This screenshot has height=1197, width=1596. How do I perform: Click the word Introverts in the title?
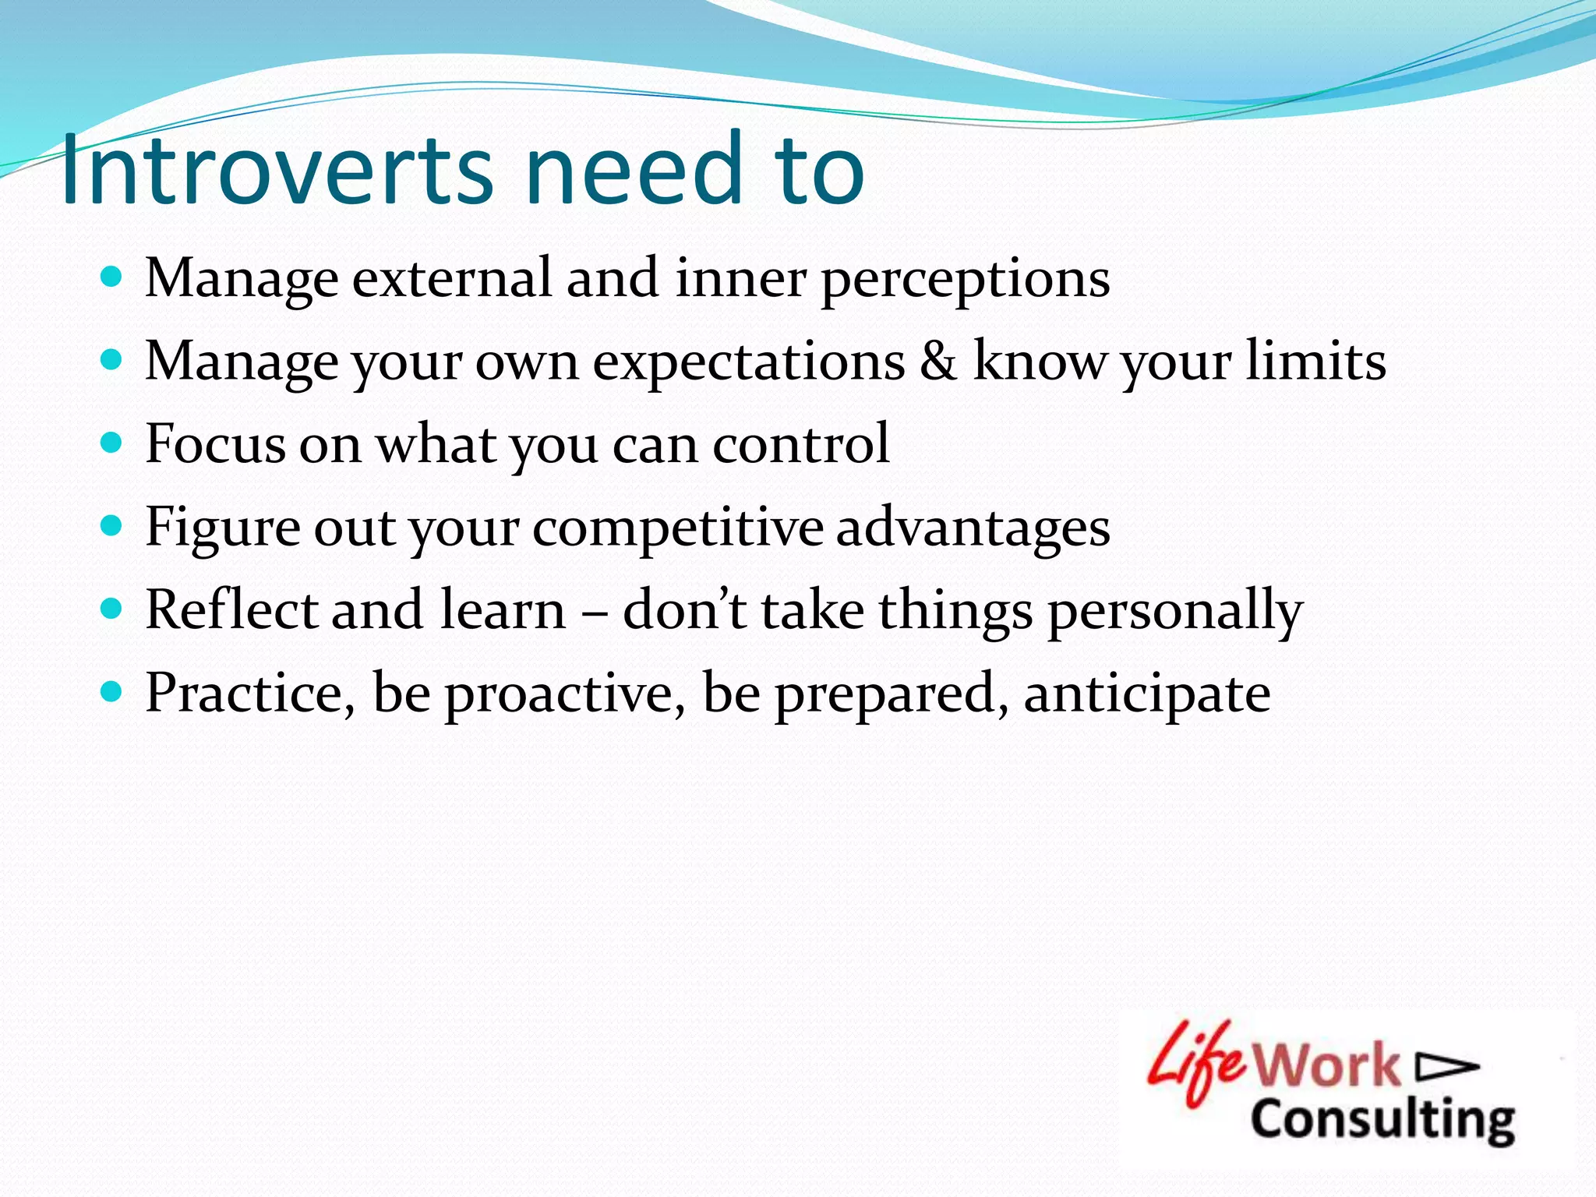277,169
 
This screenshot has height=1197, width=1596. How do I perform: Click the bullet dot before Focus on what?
112,443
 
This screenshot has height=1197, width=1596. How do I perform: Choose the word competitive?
677,528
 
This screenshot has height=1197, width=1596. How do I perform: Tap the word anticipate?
1146,694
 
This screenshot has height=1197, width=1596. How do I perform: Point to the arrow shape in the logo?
1446,1068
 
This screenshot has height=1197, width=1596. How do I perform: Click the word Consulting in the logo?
1382,1121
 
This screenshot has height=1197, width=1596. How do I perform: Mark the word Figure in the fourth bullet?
222,528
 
